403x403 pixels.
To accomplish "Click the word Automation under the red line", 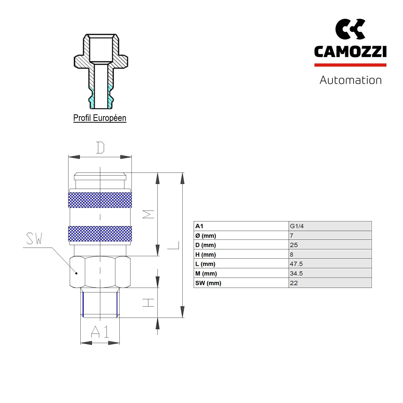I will coord(350,80).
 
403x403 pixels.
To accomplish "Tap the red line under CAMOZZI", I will coord(350,65).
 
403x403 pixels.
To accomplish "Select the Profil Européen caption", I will coord(99,118).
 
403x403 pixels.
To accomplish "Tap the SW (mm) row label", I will coord(208,283).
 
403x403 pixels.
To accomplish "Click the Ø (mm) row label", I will coord(206,236).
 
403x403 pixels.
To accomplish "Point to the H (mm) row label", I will coord(205,255).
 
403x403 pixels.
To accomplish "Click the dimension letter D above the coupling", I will coord(100,148).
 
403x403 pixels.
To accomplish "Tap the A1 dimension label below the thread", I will coord(100,332).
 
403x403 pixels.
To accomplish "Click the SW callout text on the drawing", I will coord(34,239).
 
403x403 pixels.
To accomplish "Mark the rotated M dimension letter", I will coord(148,214).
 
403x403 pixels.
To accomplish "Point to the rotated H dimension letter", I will coord(148,303).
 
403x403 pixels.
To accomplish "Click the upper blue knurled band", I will coord(100,200).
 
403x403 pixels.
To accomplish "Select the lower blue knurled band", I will coord(100,233).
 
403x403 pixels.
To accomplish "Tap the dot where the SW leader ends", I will coord(77,273).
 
